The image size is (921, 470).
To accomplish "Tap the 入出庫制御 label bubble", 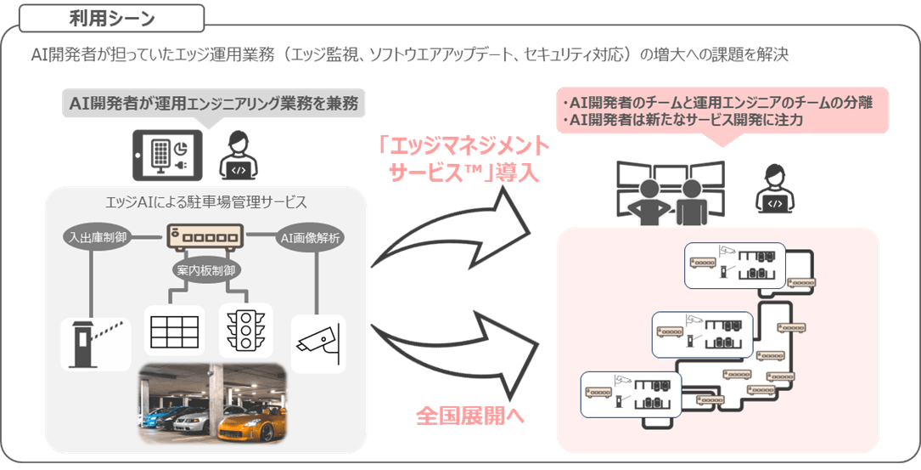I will point(95,237).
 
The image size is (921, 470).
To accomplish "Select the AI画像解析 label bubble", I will point(310,238).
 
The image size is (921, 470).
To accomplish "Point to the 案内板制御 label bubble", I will point(202,269).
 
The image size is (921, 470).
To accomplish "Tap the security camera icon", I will point(317,339).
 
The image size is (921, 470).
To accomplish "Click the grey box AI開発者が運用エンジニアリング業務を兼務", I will point(213,105).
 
